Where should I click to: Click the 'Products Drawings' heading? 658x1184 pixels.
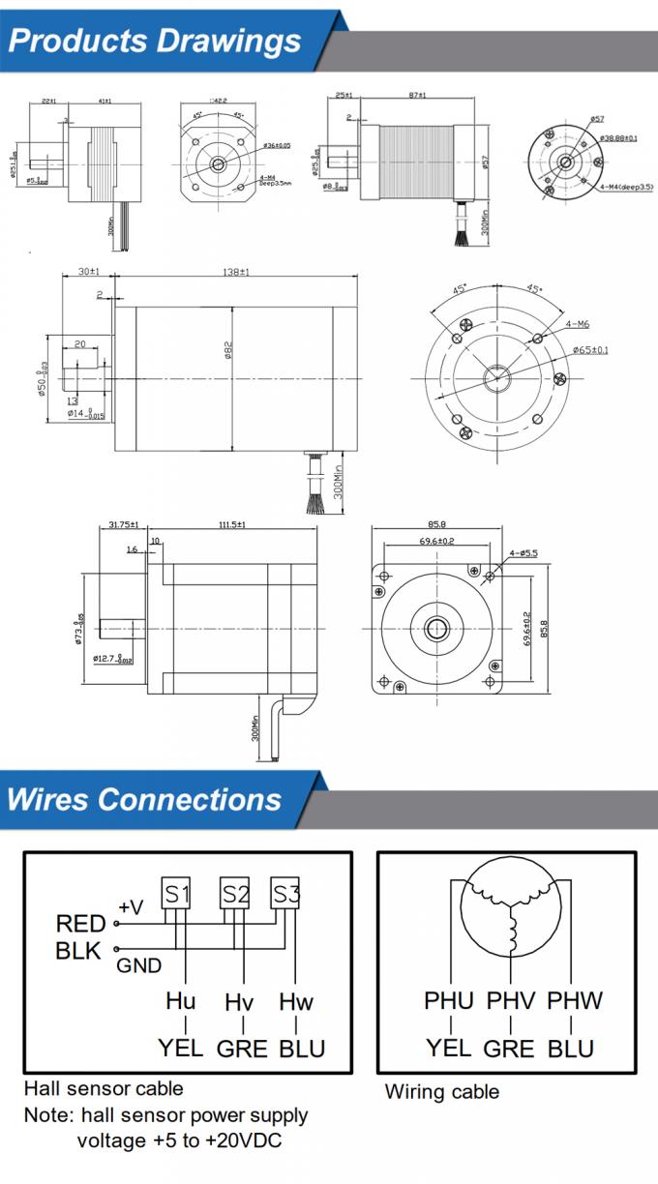click(x=155, y=41)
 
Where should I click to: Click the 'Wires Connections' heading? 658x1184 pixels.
click(x=144, y=800)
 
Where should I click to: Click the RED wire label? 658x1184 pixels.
click(x=80, y=924)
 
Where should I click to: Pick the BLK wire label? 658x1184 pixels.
click(x=78, y=951)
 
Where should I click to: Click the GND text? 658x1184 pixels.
click(x=139, y=965)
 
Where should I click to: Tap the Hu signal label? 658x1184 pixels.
click(x=180, y=1001)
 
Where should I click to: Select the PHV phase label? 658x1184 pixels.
click(x=509, y=1000)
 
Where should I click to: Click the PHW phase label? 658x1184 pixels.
click(x=575, y=1000)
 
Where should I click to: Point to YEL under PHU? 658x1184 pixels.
click(x=448, y=1048)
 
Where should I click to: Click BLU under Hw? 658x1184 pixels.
click(x=302, y=1049)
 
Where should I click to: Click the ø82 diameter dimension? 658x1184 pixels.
click(x=228, y=348)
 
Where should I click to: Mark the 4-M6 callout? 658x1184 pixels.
click(x=579, y=324)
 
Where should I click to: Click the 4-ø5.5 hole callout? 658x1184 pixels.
click(x=523, y=553)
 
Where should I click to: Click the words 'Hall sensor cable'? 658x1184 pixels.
click(x=104, y=1088)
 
